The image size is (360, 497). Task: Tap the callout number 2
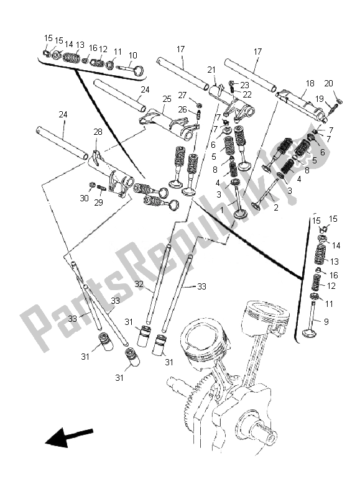275,207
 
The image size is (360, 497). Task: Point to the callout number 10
132,56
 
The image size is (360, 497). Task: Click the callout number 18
310,83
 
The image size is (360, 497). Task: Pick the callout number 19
319,99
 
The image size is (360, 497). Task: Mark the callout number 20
328,83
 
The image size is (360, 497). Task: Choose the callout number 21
211,70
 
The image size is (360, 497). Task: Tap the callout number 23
244,84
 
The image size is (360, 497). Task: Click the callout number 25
167,99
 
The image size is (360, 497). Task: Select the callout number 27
182,95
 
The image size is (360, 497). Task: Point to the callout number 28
98,132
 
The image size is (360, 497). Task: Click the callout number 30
84,198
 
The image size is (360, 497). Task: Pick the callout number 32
139,284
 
